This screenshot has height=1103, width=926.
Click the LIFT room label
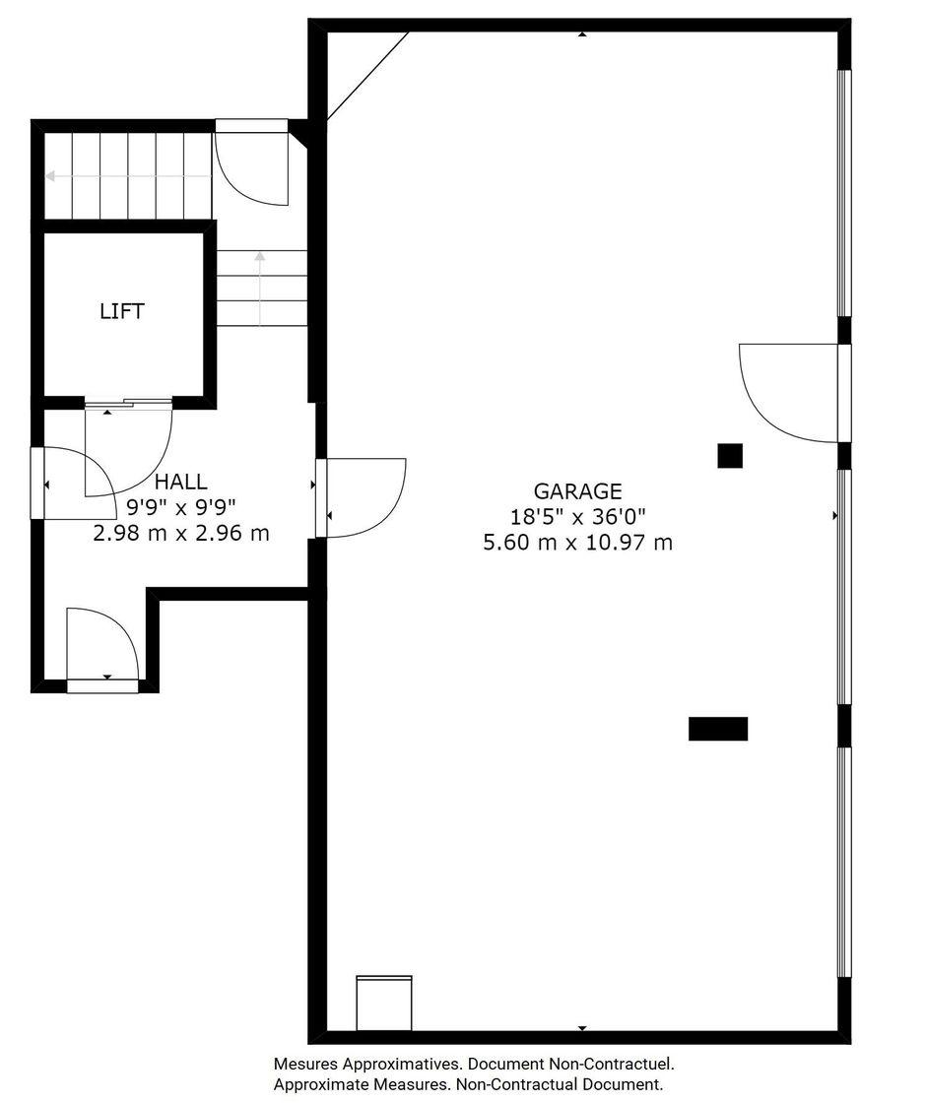(122, 311)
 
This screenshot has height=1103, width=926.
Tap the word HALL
(181, 482)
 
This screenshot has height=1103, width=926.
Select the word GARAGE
(577, 491)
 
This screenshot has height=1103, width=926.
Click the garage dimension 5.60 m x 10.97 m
(577, 543)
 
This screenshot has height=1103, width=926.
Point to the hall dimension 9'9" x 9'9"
(181, 506)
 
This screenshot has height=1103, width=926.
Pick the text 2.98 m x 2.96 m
(181, 533)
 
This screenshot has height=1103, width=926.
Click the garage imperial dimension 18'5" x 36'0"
(577, 517)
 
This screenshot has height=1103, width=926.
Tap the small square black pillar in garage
(730, 456)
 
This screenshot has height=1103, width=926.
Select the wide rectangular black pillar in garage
(718, 729)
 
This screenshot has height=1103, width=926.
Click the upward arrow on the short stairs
(260, 289)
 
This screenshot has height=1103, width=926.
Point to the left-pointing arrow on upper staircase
(128, 176)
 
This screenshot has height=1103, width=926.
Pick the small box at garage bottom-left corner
(384, 1003)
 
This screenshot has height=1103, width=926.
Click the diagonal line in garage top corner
(368, 76)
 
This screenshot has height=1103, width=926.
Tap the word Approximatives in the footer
(400, 1065)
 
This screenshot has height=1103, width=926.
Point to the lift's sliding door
(129, 403)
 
